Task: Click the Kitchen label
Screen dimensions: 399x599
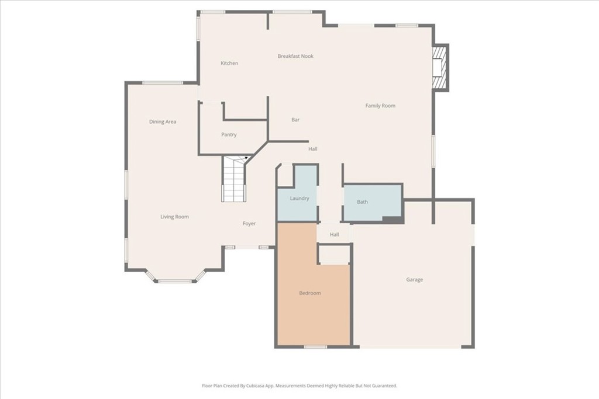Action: pyautogui.click(x=229, y=63)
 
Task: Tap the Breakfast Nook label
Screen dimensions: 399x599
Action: pyautogui.click(x=295, y=56)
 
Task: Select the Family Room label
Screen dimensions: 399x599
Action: pyautogui.click(x=380, y=106)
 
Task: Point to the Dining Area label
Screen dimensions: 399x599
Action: pyautogui.click(x=163, y=122)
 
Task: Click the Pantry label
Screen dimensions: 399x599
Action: pyautogui.click(x=229, y=134)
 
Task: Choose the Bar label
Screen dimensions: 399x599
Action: pyautogui.click(x=295, y=120)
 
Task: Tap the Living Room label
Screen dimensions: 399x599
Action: pyautogui.click(x=174, y=217)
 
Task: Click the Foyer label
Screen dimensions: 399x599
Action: pyautogui.click(x=250, y=224)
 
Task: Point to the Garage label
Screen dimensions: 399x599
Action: pyautogui.click(x=415, y=280)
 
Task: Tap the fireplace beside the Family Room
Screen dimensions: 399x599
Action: pyautogui.click(x=440, y=67)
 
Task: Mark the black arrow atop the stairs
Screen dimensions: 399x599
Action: pyautogui.click(x=247, y=157)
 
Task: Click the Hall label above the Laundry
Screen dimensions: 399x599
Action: pyautogui.click(x=313, y=149)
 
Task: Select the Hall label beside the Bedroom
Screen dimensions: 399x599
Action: pyautogui.click(x=334, y=235)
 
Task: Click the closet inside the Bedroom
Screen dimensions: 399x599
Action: pyautogui.click(x=333, y=254)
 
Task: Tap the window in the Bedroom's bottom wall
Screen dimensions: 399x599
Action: pyautogui.click(x=315, y=347)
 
